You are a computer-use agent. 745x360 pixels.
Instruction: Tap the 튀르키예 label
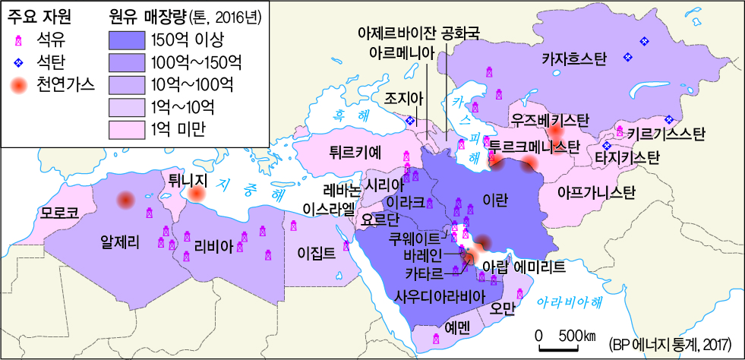pos(355,150)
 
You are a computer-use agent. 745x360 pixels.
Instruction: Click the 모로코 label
pos(60,211)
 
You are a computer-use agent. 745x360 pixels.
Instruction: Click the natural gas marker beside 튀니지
pos(197,195)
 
